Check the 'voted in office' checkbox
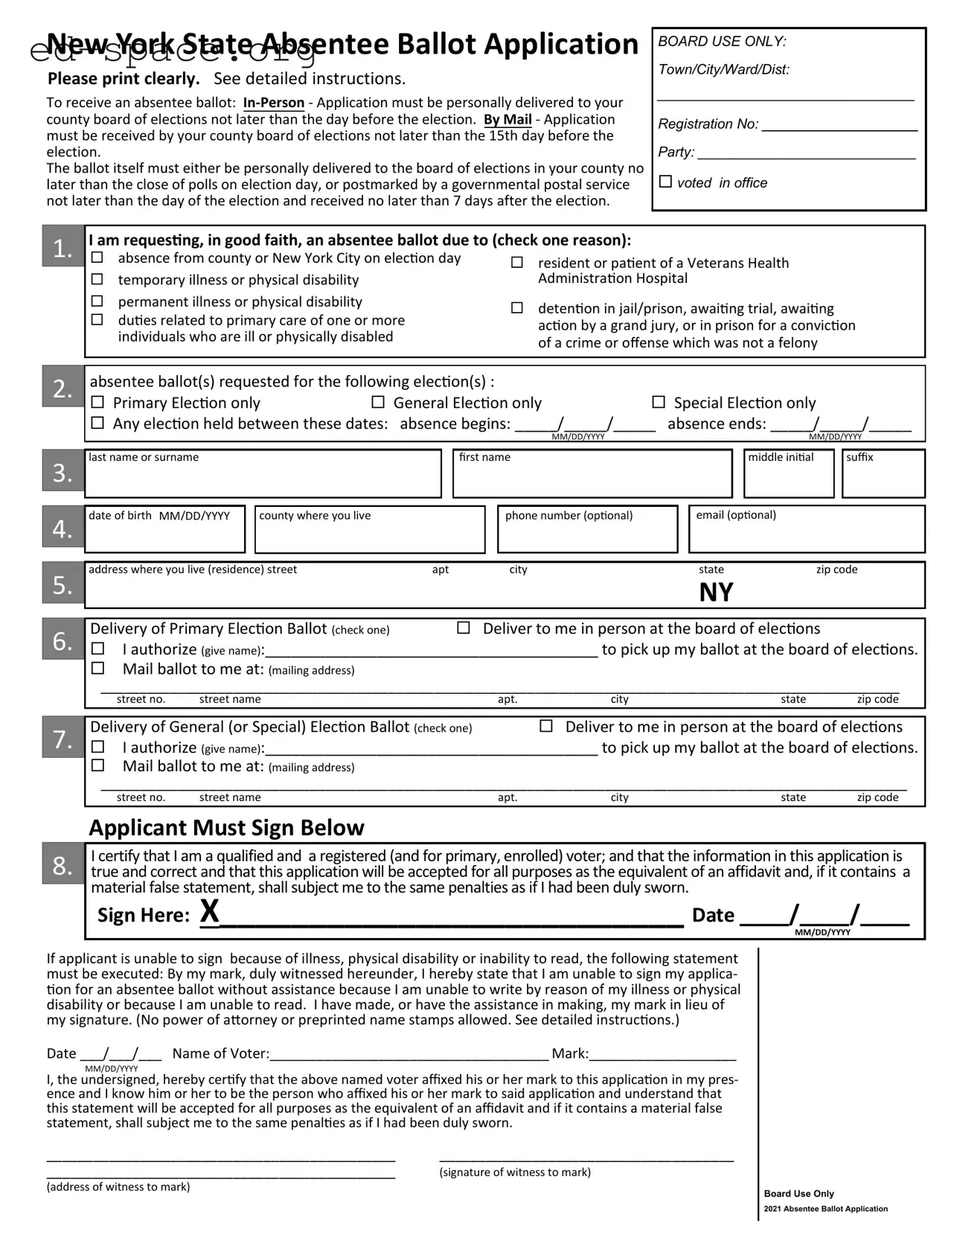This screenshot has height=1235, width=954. pyautogui.click(x=666, y=182)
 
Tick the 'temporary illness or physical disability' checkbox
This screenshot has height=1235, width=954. pyautogui.click(x=97, y=279)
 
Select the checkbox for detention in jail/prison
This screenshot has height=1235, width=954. pyautogui.click(x=517, y=307)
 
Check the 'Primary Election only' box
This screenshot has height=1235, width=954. pyautogui.click(x=97, y=402)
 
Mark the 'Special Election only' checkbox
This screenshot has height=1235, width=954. pyautogui.click(x=659, y=402)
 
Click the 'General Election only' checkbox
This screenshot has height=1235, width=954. pyautogui.click(x=378, y=402)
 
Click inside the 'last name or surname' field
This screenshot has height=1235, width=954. pyautogui.click(x=263, y=479)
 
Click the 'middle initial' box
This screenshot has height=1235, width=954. pyautogui.click(x=789, y=479)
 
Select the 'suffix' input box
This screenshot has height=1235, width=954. pyautogui.click(x=883, y=479)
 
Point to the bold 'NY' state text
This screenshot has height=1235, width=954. pyautogui.click(x=716, y=593)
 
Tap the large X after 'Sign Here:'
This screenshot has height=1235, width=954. pyautogui.click(x=211, y=911)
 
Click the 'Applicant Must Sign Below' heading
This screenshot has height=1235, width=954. pyautogui.click(x=226, y=828)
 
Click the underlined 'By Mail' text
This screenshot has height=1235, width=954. pyautogui.click(x=508, y=119)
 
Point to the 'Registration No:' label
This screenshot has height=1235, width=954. pyautogui.click(x=708, y=124)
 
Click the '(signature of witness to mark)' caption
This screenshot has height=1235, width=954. pyautogui.click(x=515, y=1172)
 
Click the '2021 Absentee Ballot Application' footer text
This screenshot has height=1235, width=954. pyautogui.click(x=825, y=1209)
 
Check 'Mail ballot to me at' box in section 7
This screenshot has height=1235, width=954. pyautogui.click(x=97, y=765)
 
